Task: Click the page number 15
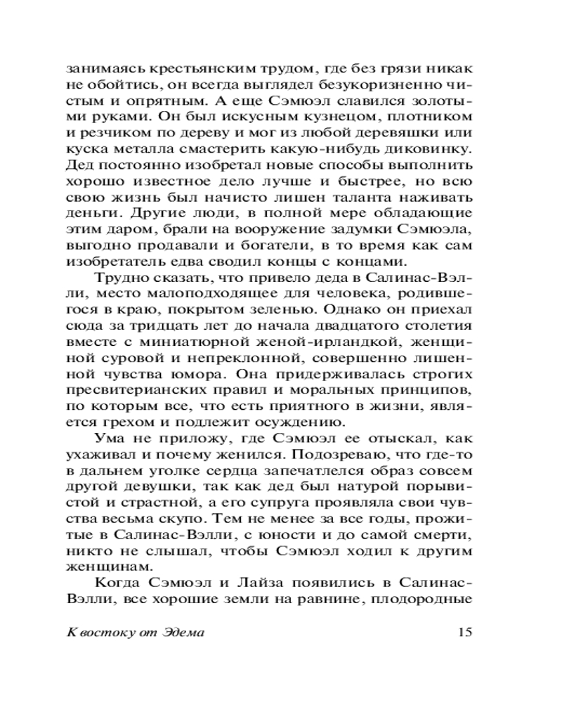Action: pyautogui.click(x=464, y=632)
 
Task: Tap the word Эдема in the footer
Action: pyautogui.click(x=181, y=632)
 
